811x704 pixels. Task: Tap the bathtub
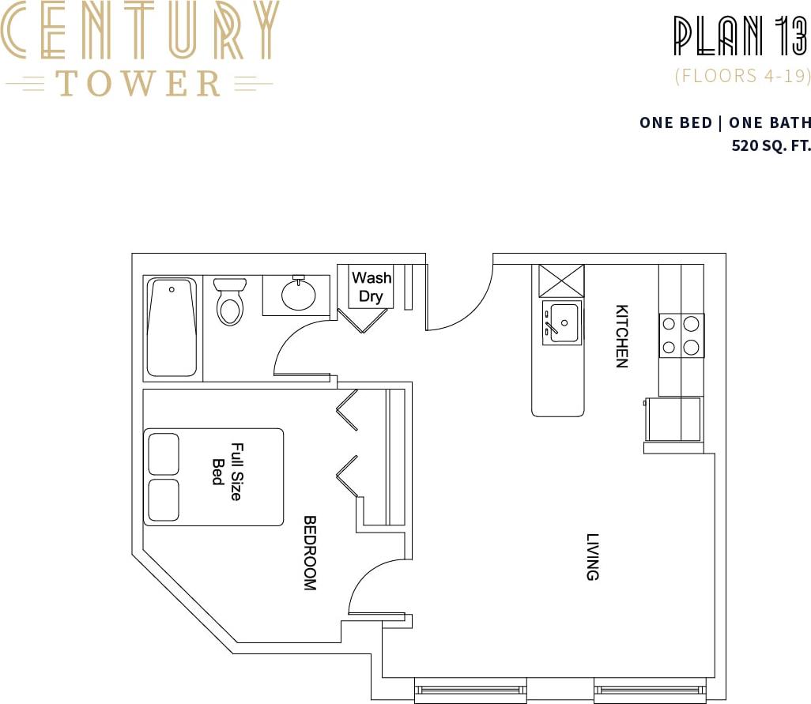[172, 327]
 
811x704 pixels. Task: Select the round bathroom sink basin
[299, 296]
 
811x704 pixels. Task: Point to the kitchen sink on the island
[561, 322]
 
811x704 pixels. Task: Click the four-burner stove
[681, 335]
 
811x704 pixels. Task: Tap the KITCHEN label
[622, 336]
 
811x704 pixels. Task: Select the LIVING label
[593, 557]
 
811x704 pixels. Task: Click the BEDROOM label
[310, 553]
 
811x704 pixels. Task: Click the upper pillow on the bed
[163, 454]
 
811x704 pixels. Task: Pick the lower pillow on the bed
[163, 499]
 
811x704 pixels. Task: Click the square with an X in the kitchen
[561, 280]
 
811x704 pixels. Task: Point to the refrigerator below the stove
[673, 419]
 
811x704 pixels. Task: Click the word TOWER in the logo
[138, 83]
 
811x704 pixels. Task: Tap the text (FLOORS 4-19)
[742, 77]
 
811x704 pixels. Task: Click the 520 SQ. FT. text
[771, 146]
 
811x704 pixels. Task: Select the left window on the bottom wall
[471, 691]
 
